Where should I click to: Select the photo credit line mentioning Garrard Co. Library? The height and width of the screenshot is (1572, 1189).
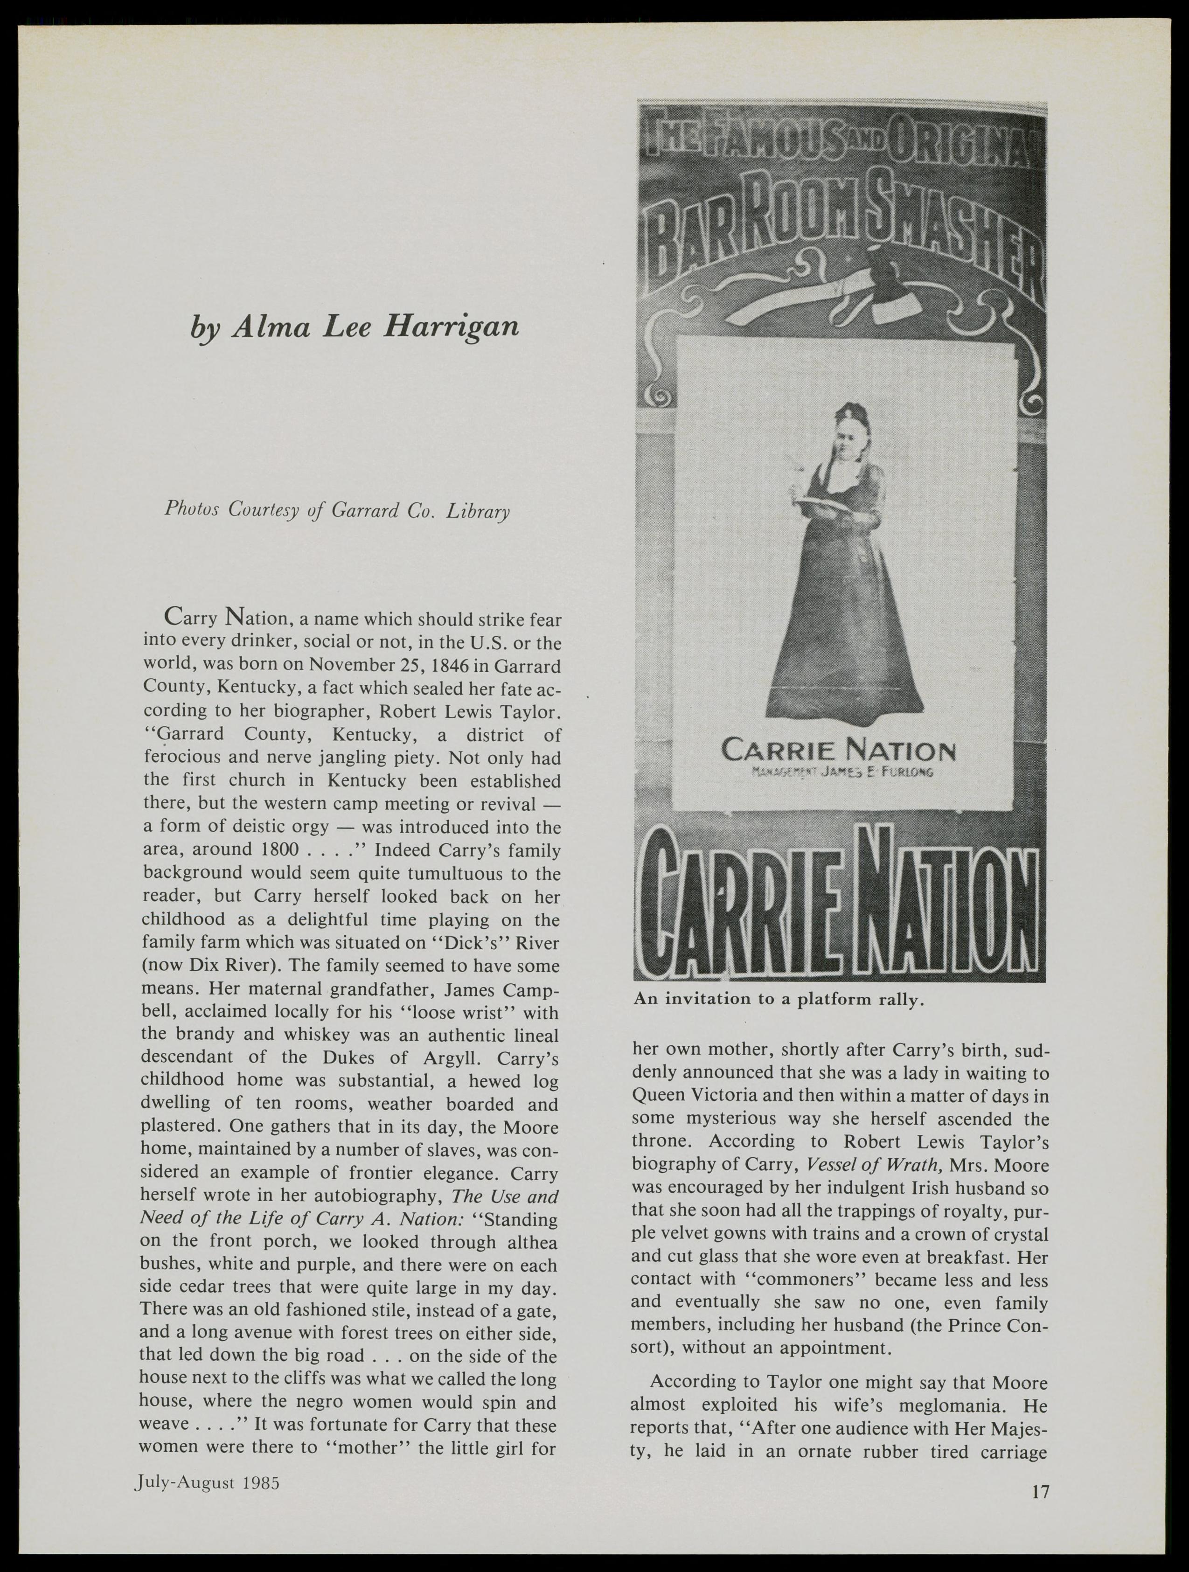point(337,509)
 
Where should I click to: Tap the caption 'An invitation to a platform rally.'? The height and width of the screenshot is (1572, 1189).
point(778,1000)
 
